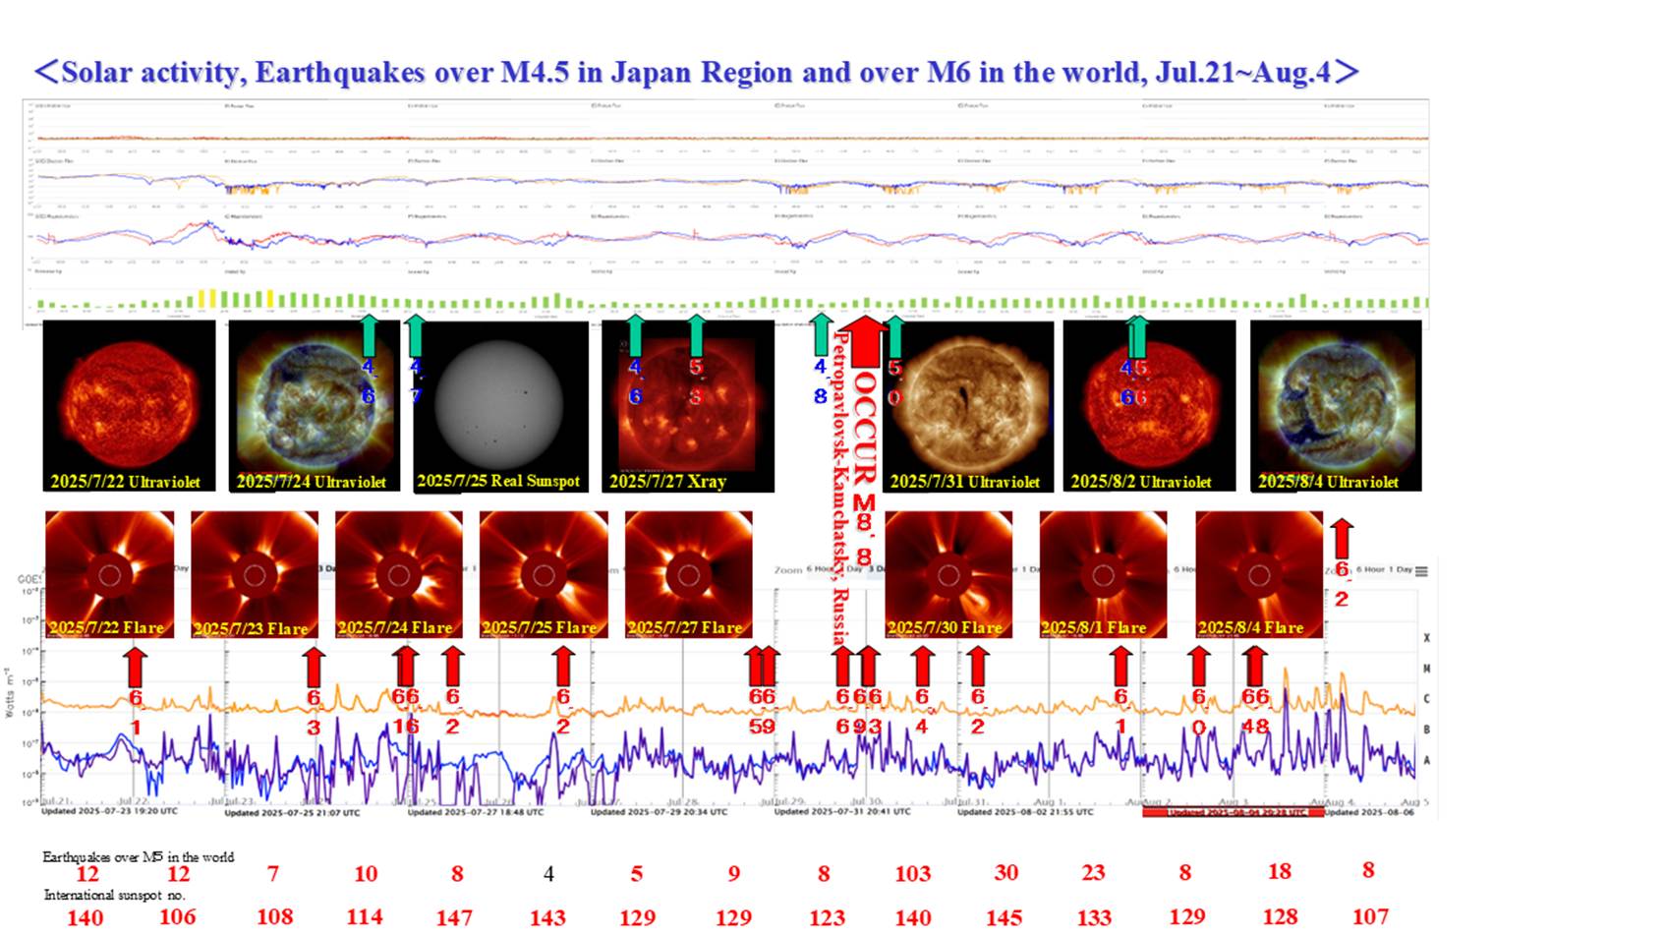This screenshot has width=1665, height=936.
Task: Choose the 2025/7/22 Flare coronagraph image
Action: pos(109,574)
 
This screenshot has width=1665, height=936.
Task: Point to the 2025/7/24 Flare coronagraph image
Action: pos(398,574)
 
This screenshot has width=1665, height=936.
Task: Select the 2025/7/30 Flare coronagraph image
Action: pos(947,574)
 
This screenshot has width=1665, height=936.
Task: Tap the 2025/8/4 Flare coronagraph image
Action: pos(1258,574)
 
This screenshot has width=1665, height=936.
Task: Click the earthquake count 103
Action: pos(912,873)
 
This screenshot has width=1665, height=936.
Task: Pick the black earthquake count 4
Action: pos(548,873)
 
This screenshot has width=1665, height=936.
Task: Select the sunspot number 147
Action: pos(454,917)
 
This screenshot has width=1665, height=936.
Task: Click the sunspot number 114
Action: pos(365,916)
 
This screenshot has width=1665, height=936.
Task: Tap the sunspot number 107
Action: pos(1370,916)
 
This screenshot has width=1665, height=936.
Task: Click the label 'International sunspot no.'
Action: pos(114,895)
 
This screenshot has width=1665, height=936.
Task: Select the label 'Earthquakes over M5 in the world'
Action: pos(138,856)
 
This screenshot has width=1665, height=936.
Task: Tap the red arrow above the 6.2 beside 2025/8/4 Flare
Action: pos(1342,538)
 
